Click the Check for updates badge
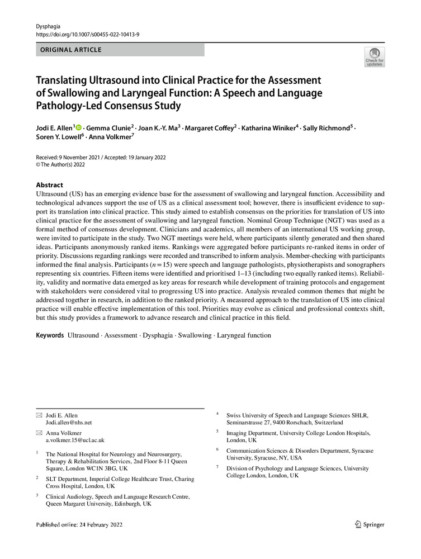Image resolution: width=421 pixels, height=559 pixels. [x=374, y=57]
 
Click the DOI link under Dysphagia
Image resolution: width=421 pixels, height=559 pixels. [x=88, y=34]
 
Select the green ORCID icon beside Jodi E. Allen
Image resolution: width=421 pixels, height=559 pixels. [x=79, y=128]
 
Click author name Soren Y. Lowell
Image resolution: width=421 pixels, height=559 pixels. [x=59, y=138]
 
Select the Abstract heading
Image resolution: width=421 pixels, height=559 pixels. [x=49, y=185]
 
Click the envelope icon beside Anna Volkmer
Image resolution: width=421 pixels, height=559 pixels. [x=39, y=433]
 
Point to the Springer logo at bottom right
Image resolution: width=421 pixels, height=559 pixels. [x=370, y=524]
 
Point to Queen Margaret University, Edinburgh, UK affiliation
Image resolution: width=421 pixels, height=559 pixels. [x=98, y=504]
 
